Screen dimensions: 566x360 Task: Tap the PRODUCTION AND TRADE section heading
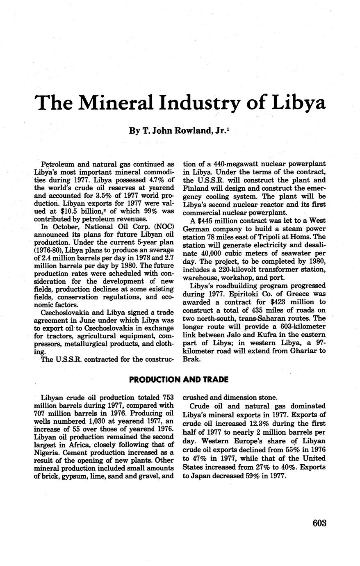[x=178, y=379]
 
